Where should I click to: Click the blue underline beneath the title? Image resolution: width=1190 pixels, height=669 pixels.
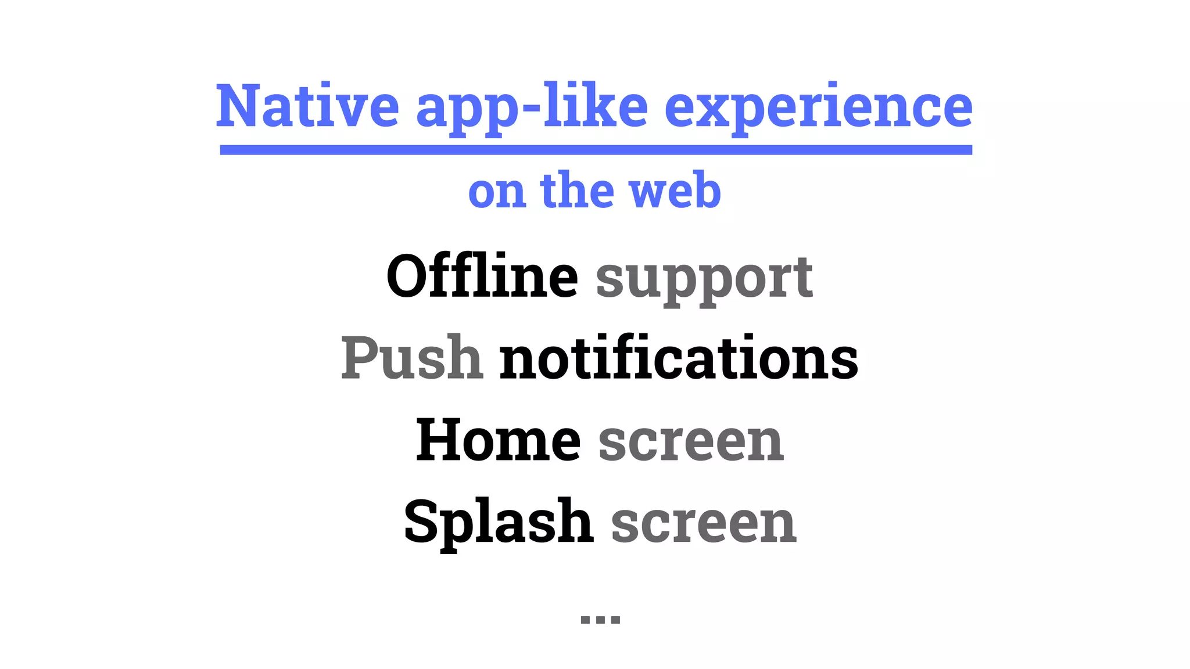point(596,150)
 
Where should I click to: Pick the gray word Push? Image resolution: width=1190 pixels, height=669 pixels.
point(411,358)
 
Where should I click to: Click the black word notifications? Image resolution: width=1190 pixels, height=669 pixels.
point(679,358)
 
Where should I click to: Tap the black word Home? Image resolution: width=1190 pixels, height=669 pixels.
point(498,440)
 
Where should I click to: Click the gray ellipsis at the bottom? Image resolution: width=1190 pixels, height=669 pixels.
point(600,619)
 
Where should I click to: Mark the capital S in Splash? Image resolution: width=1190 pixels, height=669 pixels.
point(420,521)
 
